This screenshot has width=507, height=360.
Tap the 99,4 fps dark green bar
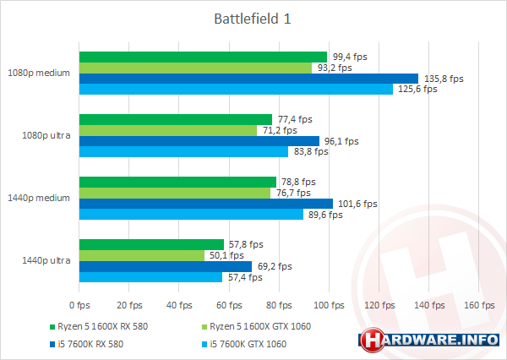coord(203,57)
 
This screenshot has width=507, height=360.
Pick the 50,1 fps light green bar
coord(141,255)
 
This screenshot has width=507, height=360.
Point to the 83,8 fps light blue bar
coord(183,152)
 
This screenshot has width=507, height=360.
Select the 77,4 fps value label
coord(296,119)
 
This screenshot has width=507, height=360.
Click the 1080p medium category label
coord(40,73)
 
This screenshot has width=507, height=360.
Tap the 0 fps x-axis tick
coord(79,304)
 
